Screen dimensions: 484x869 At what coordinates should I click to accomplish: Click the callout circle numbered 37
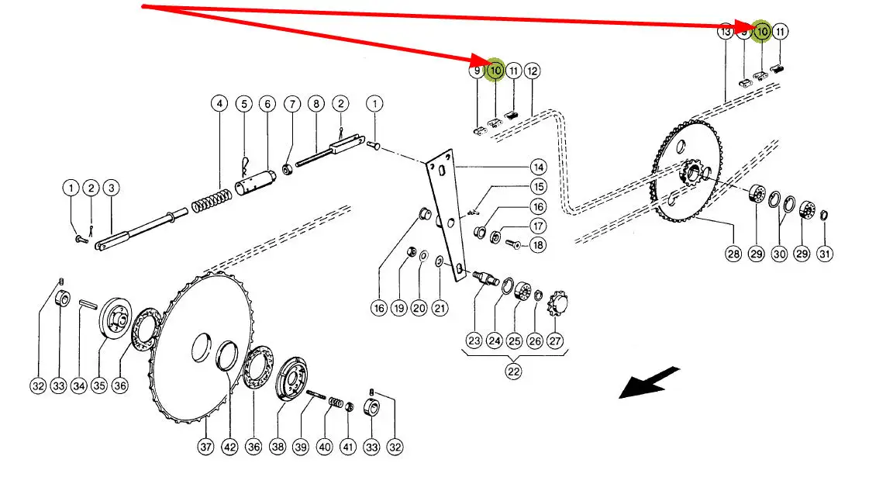click(x=205, y=448)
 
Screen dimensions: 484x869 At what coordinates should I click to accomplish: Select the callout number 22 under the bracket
click(x=514, y=371)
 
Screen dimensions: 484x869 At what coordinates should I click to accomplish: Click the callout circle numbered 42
click(x=229, y=448)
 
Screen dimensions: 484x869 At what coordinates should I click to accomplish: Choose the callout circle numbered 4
click(x=220, y=104)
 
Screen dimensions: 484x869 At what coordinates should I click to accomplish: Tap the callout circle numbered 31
click(x=824, y=254)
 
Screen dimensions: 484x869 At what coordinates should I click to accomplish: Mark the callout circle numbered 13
click(x=726, y=32)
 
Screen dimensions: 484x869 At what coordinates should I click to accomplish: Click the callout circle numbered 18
click(x=536, y=245)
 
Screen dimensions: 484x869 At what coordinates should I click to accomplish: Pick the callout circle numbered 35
click(x=99, y=385)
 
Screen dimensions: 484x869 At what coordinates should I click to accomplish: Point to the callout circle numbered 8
click(x=316, y=104)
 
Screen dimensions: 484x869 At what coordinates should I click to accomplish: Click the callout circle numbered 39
click(x=302, y=448)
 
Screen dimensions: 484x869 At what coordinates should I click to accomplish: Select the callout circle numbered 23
click(x=474, y=341)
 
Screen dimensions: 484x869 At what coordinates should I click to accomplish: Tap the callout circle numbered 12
click(x=532, y=71)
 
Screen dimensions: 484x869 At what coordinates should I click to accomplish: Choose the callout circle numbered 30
click(x=778, y=254)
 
